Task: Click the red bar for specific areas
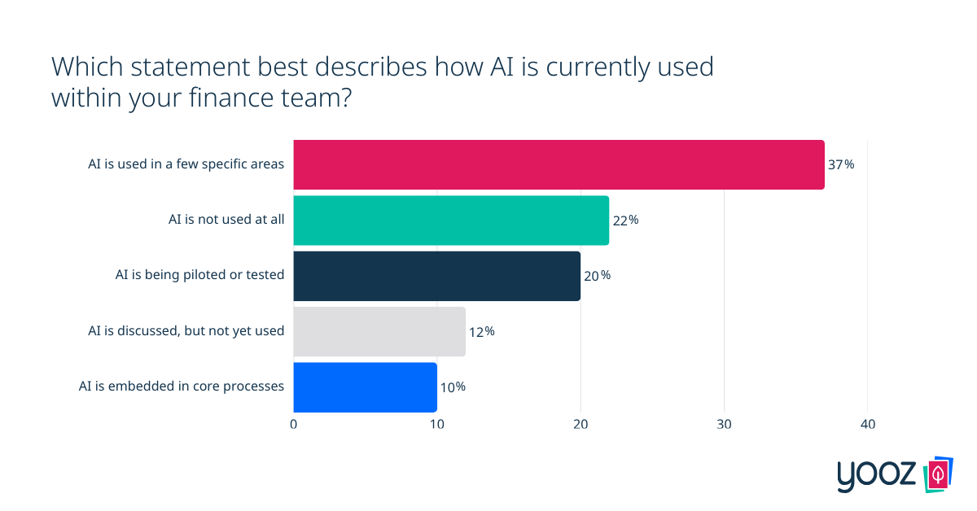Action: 559,164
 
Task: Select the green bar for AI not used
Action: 451,220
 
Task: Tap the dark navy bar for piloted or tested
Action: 436,275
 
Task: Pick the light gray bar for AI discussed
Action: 379,331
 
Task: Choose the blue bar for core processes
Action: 365,387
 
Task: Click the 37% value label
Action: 841,164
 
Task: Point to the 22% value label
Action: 625,220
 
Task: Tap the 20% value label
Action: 597,275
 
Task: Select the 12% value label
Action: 481,331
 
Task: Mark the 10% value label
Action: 453,387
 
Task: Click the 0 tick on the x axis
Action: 294,425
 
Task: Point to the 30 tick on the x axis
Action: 724,425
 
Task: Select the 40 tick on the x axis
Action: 867,425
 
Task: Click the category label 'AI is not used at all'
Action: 226,220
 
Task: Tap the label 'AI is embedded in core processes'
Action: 182,387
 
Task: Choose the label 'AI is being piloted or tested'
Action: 200,275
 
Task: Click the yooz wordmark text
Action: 877,476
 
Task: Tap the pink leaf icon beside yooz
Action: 939,474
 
